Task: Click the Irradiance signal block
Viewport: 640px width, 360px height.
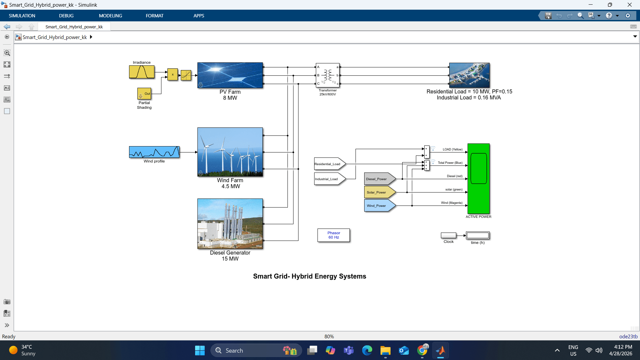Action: pos(142,72)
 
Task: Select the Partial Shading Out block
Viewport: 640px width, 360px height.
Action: pos(144,93)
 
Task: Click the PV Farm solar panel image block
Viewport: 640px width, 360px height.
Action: pos(230,75)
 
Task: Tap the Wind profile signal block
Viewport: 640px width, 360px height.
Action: pos(154,152)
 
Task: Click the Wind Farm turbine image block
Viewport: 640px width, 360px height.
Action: pos(230,152)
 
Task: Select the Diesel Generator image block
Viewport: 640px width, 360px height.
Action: pos(230,224)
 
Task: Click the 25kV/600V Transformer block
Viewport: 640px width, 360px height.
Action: pos(328,75)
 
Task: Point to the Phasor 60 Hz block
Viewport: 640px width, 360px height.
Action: pos(334,235)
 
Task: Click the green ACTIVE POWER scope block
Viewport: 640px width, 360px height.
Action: pos(478,178)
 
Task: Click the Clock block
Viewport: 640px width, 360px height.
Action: pos(448,235)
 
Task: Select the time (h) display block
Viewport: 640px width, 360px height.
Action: pos(478,236)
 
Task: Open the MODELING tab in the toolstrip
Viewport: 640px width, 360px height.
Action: pos(110,16)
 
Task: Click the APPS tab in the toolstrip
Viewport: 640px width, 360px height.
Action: pos(199,16)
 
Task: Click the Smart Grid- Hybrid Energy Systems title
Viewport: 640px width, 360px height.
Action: pos(309,276)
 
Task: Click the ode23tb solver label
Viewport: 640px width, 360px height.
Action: pos(628,336)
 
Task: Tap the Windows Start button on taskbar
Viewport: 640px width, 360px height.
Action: pos(200,350)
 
